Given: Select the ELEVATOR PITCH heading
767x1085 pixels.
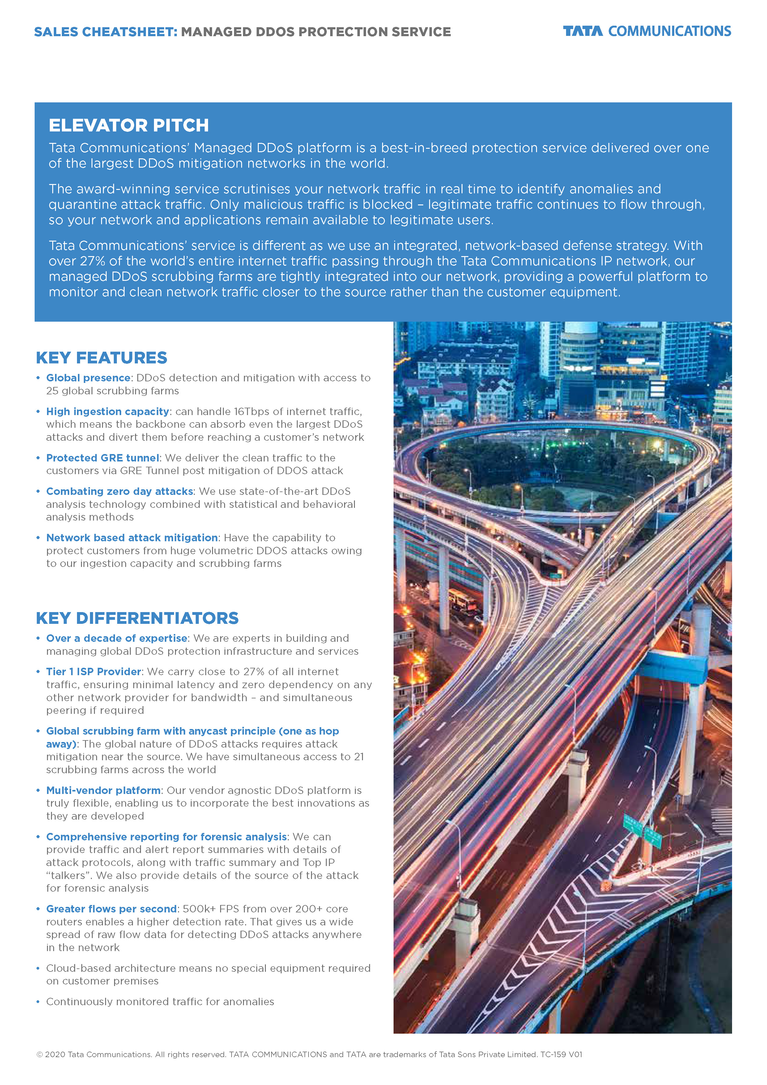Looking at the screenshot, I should pos(129,126).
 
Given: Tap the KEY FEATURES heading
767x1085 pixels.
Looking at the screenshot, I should pos(101,358).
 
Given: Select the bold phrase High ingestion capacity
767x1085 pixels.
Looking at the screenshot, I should pos(107,412).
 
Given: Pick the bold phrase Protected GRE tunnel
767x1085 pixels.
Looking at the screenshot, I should pos(103,458).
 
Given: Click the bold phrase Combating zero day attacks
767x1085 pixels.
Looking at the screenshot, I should pos(120,491).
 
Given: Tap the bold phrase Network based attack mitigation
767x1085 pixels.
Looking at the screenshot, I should pos(132,538).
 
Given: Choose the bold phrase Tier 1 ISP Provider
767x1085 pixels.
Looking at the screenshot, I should pos(93,672).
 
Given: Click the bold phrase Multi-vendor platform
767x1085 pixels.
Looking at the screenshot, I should pos(103,791).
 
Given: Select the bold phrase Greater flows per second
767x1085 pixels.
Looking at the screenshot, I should pos(111,909).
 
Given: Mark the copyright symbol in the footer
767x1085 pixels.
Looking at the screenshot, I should pos(40,1055).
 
